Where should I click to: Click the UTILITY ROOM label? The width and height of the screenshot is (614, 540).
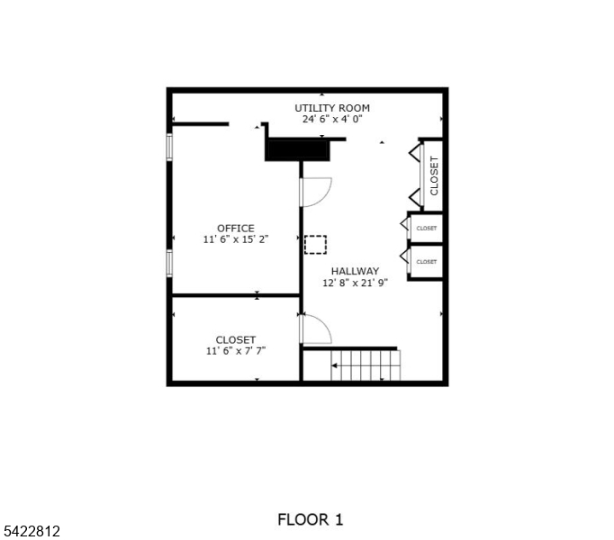pyautogui.click(x=332, y=108)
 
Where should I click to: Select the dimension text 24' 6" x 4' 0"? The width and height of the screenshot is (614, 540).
pyautogui.click(x=332, y=119)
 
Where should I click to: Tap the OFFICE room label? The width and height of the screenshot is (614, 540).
pyautogui.click(x=235, y=229)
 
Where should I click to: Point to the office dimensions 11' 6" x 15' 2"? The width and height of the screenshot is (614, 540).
pyautogui.click(x=235, y=239)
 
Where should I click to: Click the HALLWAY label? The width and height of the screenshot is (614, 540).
pyautogui.click(x=355, y=271)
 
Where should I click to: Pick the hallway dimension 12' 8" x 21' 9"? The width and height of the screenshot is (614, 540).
pyautogui.click(x=355, y=283)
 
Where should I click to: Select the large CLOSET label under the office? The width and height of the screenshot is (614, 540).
pyautogui.click(x=235, y=339)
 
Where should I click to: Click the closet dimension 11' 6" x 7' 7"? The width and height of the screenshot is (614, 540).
pyautogui.click(x=235, y=351)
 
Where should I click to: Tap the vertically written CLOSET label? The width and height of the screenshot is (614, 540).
pyautogui.click(x=434, y=175)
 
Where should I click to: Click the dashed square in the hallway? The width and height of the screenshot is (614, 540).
pyautogui.click(x=315, y=244)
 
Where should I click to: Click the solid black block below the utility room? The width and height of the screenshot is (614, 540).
pyautogui.click(x=298, y=149)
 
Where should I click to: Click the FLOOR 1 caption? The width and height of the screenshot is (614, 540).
pyautogui.click(x=310, y=519)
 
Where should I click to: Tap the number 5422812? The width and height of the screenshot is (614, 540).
pyautogui.click(x=31, y=532)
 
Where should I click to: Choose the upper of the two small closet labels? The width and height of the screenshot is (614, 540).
pyautogui.click(x=426, y=229)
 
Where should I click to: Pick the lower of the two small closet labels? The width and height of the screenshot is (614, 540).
pyautogui.click(x=426, y=262)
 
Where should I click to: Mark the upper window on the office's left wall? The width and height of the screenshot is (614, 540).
pyautogui.click(x=169, y=148)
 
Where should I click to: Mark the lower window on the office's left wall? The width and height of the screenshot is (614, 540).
pyautogui.click(x=169, y=263)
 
